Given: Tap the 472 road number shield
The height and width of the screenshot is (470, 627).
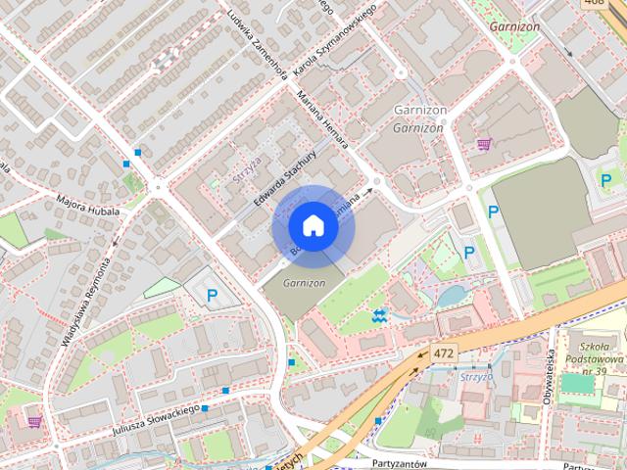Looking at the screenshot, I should coord(444,351).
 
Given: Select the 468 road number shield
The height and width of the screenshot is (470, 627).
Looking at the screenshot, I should coord(593,3).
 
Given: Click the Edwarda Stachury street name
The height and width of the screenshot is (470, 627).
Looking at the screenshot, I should coord(285,177).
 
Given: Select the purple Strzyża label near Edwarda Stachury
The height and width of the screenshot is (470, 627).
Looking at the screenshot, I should coord(247,166).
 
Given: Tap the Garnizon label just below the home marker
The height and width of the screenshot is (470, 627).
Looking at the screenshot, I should coord(303,282).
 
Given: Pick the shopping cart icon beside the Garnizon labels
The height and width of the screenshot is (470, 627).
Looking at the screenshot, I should coord(484,145).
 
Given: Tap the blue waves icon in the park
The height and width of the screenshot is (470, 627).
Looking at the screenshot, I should coord(380,315).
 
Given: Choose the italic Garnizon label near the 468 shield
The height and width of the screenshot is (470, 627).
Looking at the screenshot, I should coord(514,27).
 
